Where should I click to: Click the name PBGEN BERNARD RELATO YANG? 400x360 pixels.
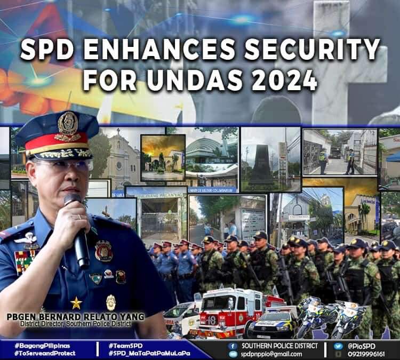tap(75, 316)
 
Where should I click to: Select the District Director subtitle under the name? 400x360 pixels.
tap(75, 323)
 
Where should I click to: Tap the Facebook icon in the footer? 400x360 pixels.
tap(231, 346)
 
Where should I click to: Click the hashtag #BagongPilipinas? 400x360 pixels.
tap(42, 346)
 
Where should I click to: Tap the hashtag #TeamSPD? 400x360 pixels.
tap(125, 346)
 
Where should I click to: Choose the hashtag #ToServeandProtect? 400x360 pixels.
tap(45, 353)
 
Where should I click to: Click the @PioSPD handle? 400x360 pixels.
tap(363, 346)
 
